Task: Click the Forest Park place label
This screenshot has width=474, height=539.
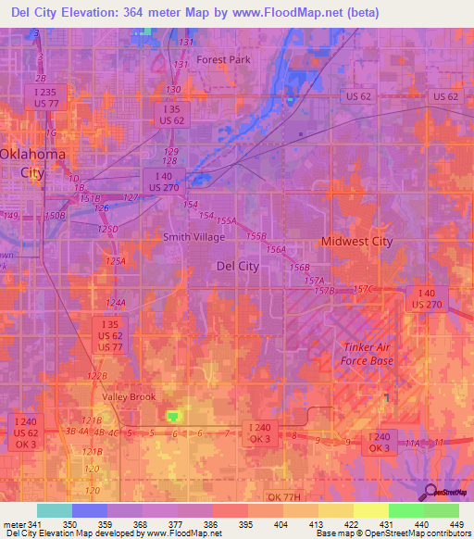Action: [224, 60]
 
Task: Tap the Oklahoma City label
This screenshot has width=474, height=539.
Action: [32, 162]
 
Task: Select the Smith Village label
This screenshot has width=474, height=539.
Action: [193, 237]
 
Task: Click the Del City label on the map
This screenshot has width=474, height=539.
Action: [237, 266]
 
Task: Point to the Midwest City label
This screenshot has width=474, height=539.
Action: [356, 242]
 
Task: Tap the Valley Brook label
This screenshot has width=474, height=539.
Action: [129, 396]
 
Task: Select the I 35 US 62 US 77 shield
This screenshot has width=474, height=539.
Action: [110, 334]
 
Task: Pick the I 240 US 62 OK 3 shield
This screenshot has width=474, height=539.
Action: [25, 432]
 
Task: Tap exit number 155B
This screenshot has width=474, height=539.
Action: [256, 237]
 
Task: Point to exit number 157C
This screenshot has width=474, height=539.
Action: [361, 290]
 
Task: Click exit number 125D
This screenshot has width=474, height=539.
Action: [109, 229]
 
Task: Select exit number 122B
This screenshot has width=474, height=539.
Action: [97, 376]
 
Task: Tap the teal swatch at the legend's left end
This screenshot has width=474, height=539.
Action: [54, 510]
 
